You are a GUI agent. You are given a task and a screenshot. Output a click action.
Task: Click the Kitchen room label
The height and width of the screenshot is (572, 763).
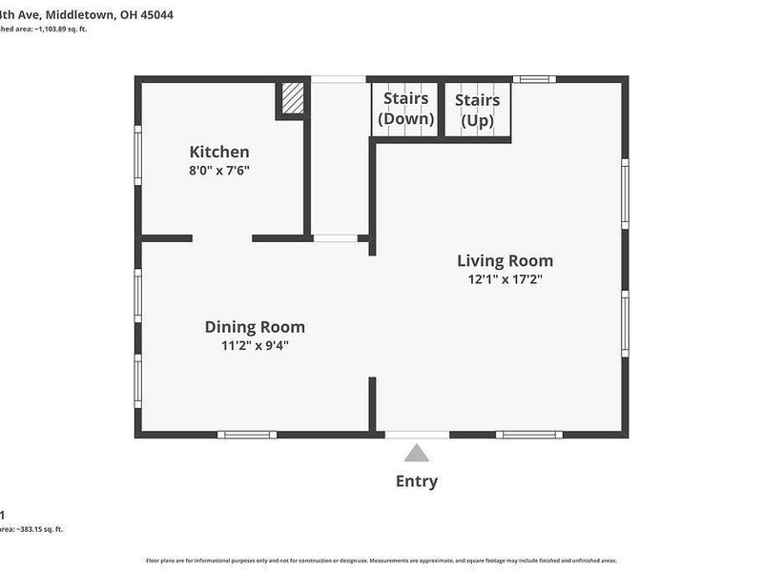point(219,152)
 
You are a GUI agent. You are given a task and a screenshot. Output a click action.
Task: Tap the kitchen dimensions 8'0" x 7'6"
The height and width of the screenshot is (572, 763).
point(219,171)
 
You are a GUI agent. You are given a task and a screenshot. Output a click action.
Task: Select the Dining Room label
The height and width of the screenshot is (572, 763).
point(255,327)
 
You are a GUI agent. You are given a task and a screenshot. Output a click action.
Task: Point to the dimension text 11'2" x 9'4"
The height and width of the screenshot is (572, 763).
point(255,346)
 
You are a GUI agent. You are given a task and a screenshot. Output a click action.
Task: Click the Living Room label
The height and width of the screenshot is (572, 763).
point(505,260)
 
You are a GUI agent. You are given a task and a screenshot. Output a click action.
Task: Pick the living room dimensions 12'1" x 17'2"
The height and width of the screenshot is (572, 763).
point(505,279)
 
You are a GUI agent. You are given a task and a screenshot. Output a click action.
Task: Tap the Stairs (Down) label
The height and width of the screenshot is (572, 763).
point(405,109)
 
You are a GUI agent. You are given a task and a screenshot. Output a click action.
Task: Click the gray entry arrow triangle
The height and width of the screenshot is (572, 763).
point(417,453)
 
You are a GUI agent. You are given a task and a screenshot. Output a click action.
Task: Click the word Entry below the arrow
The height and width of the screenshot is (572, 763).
point(417,481)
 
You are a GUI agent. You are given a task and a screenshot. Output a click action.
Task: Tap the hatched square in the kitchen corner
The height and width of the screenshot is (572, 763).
point(294,98)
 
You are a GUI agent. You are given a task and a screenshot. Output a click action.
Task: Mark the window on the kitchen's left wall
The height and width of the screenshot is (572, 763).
point(138,157)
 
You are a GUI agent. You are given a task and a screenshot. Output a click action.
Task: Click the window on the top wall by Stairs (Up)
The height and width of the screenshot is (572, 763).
point(534,79)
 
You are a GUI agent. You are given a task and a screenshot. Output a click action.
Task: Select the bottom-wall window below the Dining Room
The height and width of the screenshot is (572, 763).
point(247,435)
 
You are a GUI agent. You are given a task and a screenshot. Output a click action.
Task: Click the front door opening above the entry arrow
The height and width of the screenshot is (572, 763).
point(417,435)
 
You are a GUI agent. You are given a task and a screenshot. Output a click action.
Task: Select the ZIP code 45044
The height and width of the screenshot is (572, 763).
point(156,15)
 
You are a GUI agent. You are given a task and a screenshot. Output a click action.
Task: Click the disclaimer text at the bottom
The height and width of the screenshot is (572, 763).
point(381,560)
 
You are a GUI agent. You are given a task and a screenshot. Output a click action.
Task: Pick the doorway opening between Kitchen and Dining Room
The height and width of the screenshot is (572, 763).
point(222,237)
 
